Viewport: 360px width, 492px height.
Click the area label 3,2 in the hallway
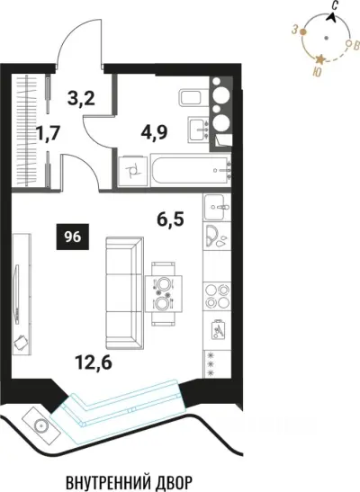[81, 98]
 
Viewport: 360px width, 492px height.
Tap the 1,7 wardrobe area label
[48, 133]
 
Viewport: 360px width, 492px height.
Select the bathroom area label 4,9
[154, 132]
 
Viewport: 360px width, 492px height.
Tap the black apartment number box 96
[73, 237]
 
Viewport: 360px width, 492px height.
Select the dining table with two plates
[164, 294]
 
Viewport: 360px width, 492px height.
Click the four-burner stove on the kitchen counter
[217, 296]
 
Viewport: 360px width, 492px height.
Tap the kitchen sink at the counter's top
[218, 207]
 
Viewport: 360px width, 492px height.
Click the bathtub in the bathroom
[191, 170]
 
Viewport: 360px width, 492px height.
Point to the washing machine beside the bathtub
[133, 171]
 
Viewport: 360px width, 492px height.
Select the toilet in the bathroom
[194, 97]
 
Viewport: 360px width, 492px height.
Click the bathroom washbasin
[199, 130]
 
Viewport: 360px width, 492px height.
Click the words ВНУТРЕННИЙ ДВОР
[129, 481]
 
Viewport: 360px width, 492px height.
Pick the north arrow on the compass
[332, 18]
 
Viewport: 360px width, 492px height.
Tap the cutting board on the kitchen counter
[218, 329]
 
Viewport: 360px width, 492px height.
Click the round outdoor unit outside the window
[40, 425]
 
